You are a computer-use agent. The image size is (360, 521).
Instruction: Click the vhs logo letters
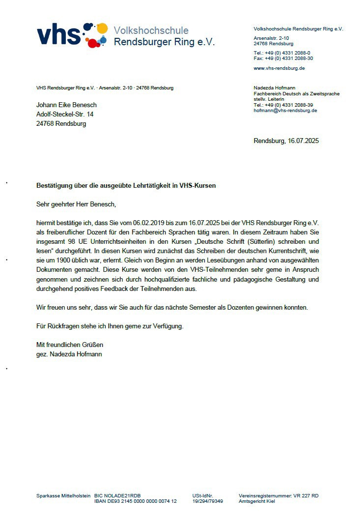point(58,35)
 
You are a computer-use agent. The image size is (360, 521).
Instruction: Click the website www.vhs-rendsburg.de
point(279,68)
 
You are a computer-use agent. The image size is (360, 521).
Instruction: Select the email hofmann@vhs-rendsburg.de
point(285,111)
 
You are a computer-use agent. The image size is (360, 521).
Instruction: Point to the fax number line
point(283,58)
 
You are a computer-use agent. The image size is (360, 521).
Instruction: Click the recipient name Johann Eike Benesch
point(66,105)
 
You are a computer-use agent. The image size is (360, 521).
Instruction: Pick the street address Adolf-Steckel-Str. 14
point(65,114)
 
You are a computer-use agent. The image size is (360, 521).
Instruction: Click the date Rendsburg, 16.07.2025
point(286,141)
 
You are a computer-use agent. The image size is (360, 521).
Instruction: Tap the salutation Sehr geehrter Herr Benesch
point(76,204)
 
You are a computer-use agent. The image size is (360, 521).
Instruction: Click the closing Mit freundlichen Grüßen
point(70,345)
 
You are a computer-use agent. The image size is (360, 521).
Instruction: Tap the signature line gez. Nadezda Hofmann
point(69,354)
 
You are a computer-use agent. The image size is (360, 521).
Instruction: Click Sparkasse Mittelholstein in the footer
point(63,496)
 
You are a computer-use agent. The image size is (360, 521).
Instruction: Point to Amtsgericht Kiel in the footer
point(257,501)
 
